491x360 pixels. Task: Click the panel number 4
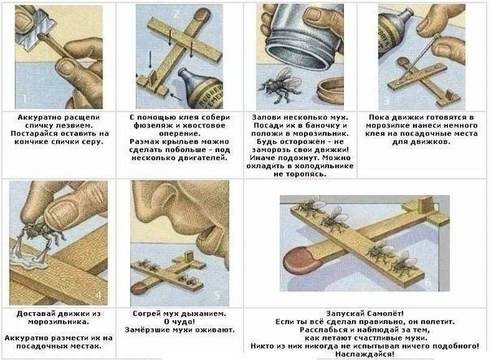tap(98, 293)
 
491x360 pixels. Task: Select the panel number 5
tap(216, 294)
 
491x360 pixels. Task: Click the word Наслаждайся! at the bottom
tap(365, 354)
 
